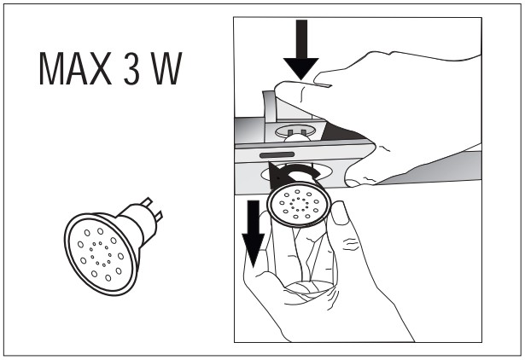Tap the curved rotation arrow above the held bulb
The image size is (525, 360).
pos(295,171)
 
